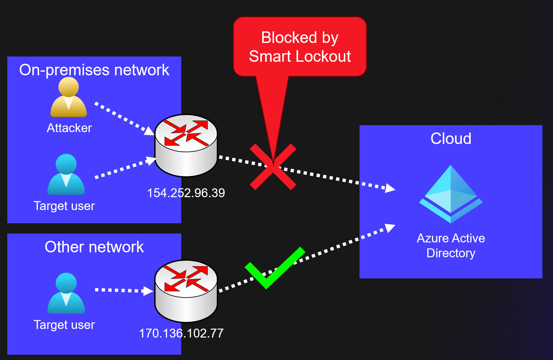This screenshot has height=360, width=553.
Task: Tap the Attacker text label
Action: click(69, 128)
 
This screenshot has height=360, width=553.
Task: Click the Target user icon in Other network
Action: click(66, 293)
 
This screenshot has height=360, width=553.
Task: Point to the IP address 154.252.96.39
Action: click(186, 193)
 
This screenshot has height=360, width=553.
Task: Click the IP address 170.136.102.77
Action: click(181, 333)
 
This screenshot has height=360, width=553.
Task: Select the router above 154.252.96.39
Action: click(186, 145)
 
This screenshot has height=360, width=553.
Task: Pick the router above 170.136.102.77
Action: click(186, 291)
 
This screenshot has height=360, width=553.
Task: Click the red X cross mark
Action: click(273, 167)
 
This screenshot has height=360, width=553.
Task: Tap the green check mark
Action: click(274, 268)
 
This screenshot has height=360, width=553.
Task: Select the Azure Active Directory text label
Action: click(451, 245)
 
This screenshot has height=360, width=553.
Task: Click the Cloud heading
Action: click(451, 138)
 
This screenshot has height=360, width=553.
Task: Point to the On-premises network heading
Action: click(94, 70)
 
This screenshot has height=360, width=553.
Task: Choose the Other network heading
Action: click(94, 247)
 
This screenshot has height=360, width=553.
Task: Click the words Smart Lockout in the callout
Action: click(299, 56)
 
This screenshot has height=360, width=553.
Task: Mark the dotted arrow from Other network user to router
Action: click(124, 290)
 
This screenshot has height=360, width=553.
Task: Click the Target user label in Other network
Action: click(64, 325)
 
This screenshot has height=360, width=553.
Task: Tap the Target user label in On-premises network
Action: click(64, 206)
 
